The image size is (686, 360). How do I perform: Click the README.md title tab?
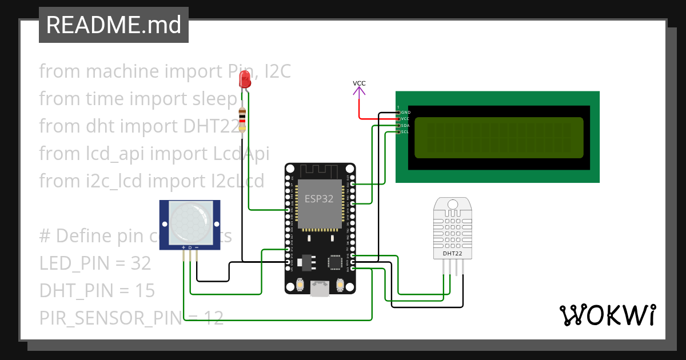click(113, 25)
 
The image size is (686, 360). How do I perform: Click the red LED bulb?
click(245, 79)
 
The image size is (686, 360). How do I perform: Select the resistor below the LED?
click(243, 119)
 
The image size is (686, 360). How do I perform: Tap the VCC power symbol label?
click(359, 83)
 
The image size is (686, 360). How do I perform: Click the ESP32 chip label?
click(319, 199)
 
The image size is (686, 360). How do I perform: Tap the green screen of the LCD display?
click(498, 137)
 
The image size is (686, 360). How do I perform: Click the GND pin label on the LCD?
click(405, 113)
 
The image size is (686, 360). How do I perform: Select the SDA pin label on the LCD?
click(405, 125)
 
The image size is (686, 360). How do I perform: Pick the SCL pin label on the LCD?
click(405, 132)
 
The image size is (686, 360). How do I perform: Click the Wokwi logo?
click(607, 315)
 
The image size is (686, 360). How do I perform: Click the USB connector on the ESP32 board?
click(320, 289)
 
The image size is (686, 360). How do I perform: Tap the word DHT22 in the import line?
click(211, 126)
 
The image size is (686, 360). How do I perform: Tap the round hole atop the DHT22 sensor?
click(453, 204)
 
